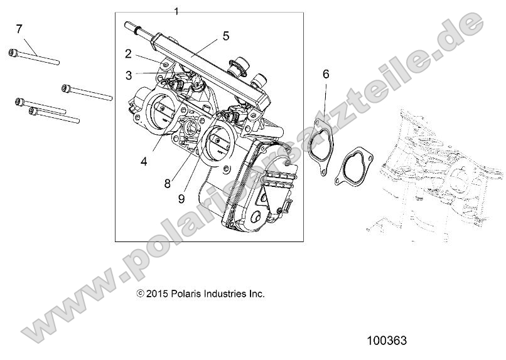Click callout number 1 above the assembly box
pos(176,11)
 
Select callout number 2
pos(128,54)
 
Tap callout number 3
pos(128,75)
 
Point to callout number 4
pos(144,161)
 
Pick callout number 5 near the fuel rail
pos(225,36)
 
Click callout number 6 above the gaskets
pos(326,74)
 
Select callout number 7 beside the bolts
pos(19,28)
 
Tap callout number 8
pos(168,184)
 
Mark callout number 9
pos(181,199)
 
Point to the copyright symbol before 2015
pos(141,294)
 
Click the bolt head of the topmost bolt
pos(13,53)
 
